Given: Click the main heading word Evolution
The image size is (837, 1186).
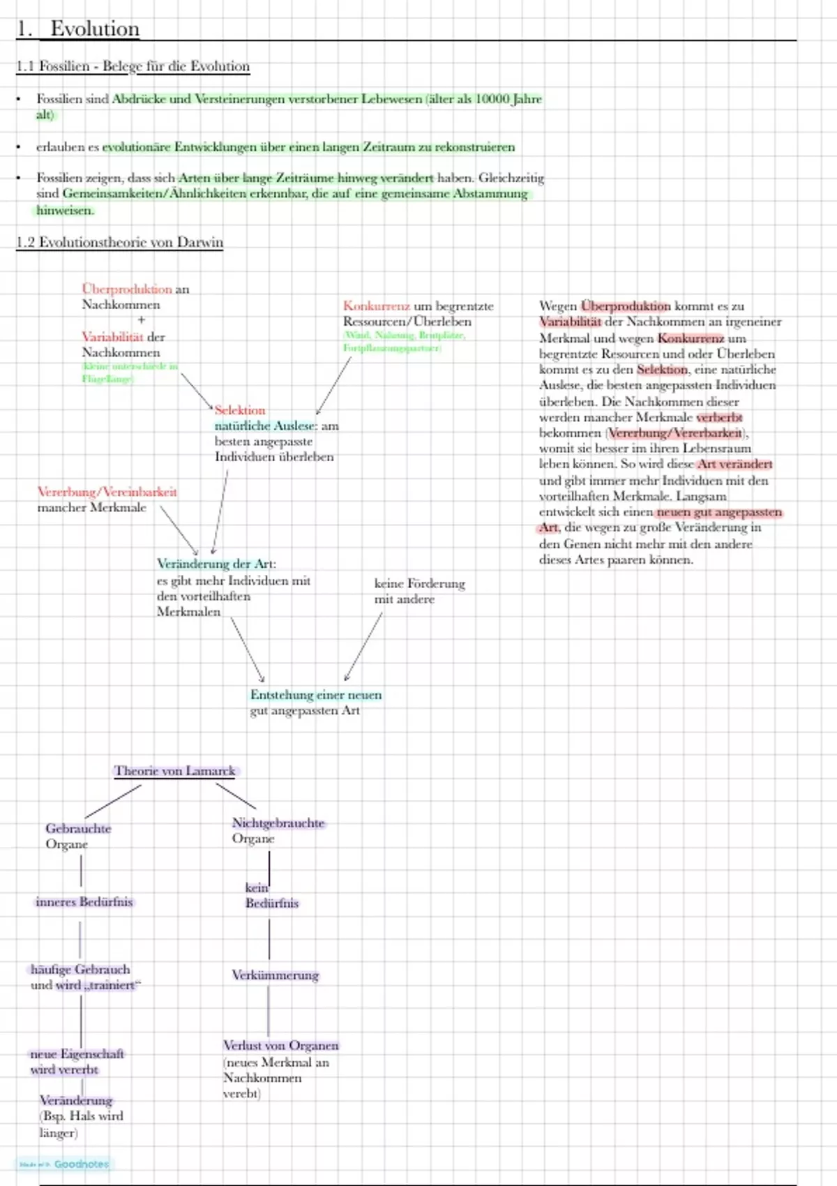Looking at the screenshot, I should pos(95,29).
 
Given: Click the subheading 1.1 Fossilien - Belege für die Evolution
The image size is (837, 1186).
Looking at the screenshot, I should pos(133,66).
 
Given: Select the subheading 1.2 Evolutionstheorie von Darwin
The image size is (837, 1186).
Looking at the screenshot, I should pos(120,242).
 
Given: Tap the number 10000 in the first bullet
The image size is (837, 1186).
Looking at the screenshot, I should pos(492,99).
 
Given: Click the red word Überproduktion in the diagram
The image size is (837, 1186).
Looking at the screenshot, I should pos(127,289).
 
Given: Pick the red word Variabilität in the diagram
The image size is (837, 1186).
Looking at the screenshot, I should pos(112,337).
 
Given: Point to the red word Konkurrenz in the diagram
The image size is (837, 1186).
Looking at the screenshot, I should pos(377,306).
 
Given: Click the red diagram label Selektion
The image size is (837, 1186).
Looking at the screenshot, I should pos(240,410).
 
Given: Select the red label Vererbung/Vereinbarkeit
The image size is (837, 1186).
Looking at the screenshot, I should pos(107,492).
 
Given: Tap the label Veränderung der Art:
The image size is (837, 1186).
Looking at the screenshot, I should pos(216,564).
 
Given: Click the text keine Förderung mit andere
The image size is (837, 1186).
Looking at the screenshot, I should pos(418,591).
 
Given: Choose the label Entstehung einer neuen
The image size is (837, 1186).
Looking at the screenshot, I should pos(316,695).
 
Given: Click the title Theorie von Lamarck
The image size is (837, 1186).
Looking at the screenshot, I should pos(175,771).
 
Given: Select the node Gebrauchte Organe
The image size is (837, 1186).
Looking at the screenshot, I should pos(78,836).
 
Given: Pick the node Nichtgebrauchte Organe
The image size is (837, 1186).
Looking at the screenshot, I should pos(278,830).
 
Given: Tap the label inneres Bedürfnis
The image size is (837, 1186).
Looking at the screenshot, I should pos(84,902).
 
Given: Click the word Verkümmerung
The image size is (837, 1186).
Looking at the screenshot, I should pos(275,975).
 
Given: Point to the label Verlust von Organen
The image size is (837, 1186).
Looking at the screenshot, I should pos(280,1046).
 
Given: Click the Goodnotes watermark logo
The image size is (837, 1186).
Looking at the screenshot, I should pos(64,1164).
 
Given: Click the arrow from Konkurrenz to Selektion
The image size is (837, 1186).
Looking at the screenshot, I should pos(333,385).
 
